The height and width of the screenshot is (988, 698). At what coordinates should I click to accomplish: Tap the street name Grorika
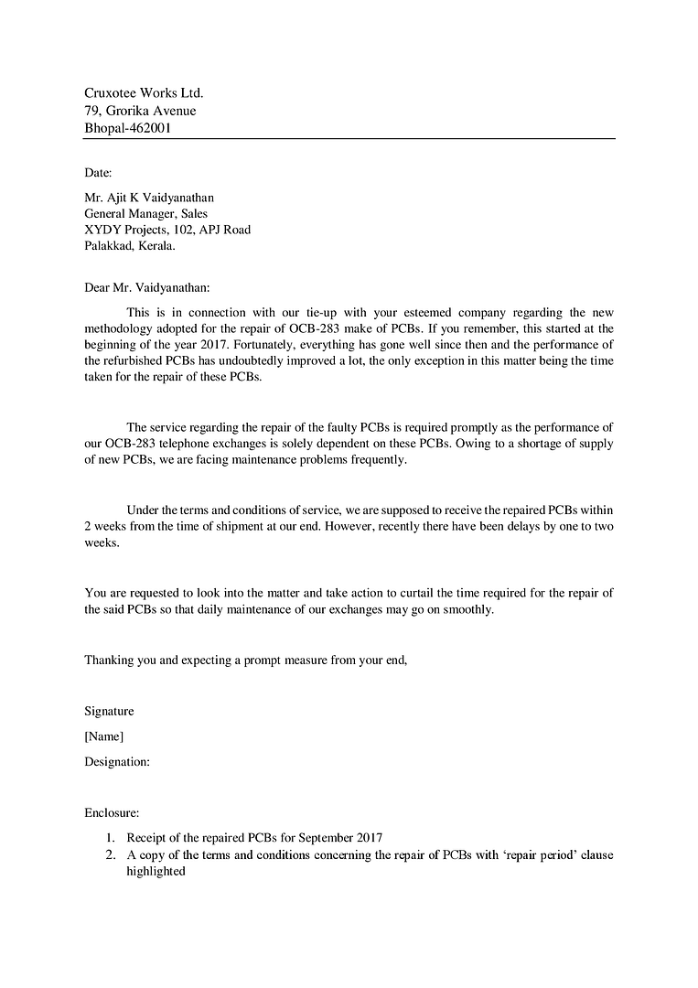[x=132, y=111]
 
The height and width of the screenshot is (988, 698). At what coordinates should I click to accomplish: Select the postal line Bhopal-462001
[x=127, y=129]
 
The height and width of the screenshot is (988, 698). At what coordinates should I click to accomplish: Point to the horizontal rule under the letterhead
[x=349, y=139]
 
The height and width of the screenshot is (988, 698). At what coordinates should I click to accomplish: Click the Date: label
[x=98, y=172]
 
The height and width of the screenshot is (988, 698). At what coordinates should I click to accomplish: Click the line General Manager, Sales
[x=145, y=213]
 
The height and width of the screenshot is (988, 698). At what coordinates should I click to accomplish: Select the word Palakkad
[x=108, y=246]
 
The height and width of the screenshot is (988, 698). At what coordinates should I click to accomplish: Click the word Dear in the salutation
[x=96, y=287]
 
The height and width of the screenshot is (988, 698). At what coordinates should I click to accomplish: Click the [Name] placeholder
[x=103, y=736]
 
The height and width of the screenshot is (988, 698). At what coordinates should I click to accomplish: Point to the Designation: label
[x=117, y=761]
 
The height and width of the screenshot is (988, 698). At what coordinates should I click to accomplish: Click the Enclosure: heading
[x=112, y=811]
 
